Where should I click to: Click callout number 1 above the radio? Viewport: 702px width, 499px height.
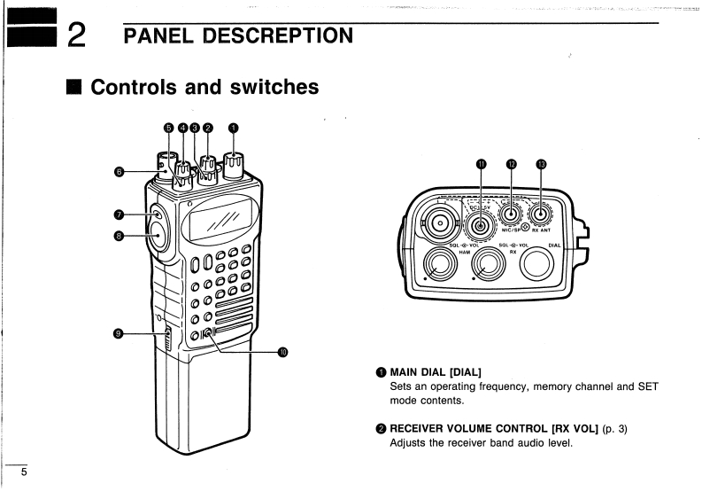[233, 127]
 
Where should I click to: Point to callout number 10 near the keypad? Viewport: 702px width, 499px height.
[283, 351]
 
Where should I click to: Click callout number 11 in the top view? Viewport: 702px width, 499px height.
[482, 164]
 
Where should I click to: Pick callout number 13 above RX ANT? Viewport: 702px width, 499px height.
[542, 164]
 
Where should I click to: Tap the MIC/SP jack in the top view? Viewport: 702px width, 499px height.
[510, 213]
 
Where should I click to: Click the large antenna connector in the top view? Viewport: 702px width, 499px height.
[438, 223]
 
